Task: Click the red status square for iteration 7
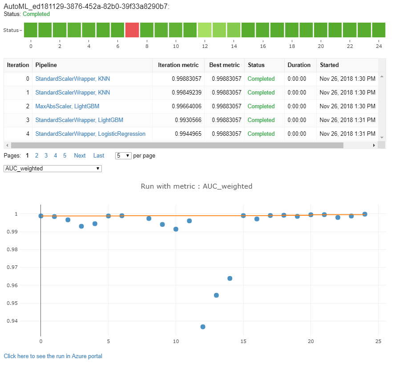(x=132, y=30)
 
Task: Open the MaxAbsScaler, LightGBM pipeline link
(x=67, y=107)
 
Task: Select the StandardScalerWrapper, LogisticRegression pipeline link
(x=90, y=134)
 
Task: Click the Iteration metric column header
(x=178, y=65)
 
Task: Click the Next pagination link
(x=80, y=156)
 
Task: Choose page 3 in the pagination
(x=46, y=156)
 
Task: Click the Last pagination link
(x=98, y=156)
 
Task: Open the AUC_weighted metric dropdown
(x=52, y=169)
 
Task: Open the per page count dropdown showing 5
(x=123, y=156)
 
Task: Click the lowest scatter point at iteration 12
(x=203, y=327)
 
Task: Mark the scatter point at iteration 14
(x=230, y=279)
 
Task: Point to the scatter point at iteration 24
(x=365, y=214)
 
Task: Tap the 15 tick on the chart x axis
(x=243, y=341)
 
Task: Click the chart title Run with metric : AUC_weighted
(x=196, y=186)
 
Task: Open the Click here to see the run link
(x=53, y=356)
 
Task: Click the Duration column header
(x=299, y=65)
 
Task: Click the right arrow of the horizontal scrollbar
(x=374, y=145)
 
